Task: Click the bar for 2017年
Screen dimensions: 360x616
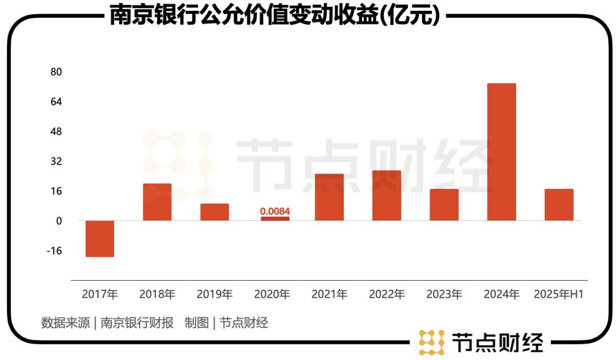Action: [x=100, y=238]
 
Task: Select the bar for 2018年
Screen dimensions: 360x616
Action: [x=157, y=202]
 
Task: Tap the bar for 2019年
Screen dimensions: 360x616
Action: [x=214, y=212]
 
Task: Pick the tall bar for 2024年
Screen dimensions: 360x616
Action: [x=501, y=152]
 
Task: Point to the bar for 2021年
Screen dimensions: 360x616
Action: [x=330, y=197]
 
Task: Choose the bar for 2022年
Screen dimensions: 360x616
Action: [x=387, y=196]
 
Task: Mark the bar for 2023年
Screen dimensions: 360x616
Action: [x=444, y=205]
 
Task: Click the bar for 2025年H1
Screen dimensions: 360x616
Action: [x=559, y=205]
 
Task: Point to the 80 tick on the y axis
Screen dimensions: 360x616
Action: [x=56, y=72]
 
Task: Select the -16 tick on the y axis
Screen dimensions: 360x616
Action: [x=55, y=251]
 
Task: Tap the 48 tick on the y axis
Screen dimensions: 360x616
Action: [x=56, y=132]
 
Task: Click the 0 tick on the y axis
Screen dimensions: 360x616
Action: [x=58, y=221]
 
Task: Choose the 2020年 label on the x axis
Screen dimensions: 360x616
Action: [x=272, y=295]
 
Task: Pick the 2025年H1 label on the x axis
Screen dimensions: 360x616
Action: [x=559, y=295]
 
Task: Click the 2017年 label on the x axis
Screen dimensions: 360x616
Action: [x=100, y=295]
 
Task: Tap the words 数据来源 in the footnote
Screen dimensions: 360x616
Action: [x=65, y=323]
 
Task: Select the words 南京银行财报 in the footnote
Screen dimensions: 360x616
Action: [x=137, y=323]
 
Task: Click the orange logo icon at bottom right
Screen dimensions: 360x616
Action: [x=431, y=342]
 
